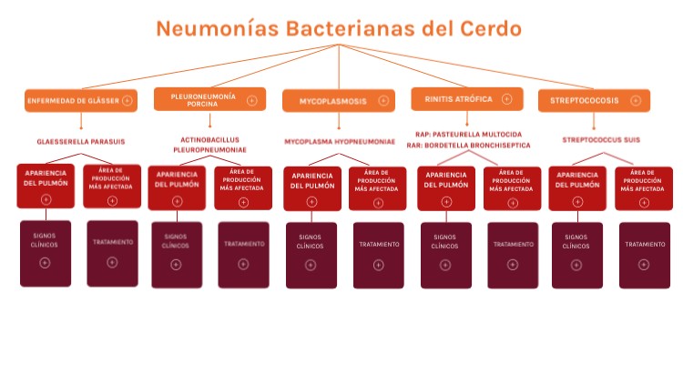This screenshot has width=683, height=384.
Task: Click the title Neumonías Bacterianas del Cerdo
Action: coord(339,28)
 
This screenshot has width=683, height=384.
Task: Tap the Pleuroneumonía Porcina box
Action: coord(209,99)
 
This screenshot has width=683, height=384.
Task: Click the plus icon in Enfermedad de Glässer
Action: coord(127,100)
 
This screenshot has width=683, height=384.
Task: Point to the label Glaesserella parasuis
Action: coord(81,142)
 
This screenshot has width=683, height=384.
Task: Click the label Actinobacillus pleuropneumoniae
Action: coord(209,145)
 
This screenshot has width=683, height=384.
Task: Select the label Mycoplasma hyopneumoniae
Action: coord(340,142)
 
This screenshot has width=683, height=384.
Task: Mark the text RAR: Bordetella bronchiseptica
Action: coord(468,145)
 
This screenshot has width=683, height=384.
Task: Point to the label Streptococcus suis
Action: coord(601,140)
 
